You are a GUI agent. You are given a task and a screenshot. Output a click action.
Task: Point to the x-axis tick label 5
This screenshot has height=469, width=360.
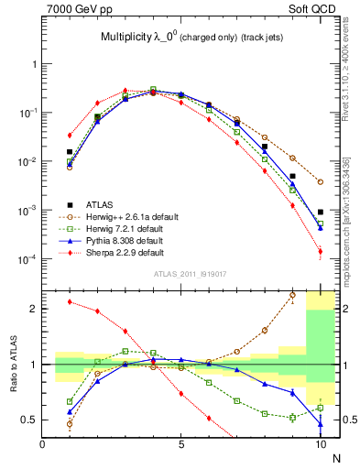point(181,444)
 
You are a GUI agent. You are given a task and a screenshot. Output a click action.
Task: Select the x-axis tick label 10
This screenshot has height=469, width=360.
point(320,444)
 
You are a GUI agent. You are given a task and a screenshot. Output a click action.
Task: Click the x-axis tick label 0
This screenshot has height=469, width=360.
point(43,444)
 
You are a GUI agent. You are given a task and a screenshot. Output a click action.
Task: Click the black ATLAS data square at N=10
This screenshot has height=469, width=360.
point(321,212)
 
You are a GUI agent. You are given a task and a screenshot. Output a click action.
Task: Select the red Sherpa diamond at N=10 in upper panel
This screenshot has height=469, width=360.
point(321,252)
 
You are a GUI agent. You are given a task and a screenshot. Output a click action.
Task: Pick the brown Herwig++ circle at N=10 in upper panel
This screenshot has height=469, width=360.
point(321,182)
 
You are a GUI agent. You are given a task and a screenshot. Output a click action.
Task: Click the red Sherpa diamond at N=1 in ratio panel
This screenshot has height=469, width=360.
point(70,301)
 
